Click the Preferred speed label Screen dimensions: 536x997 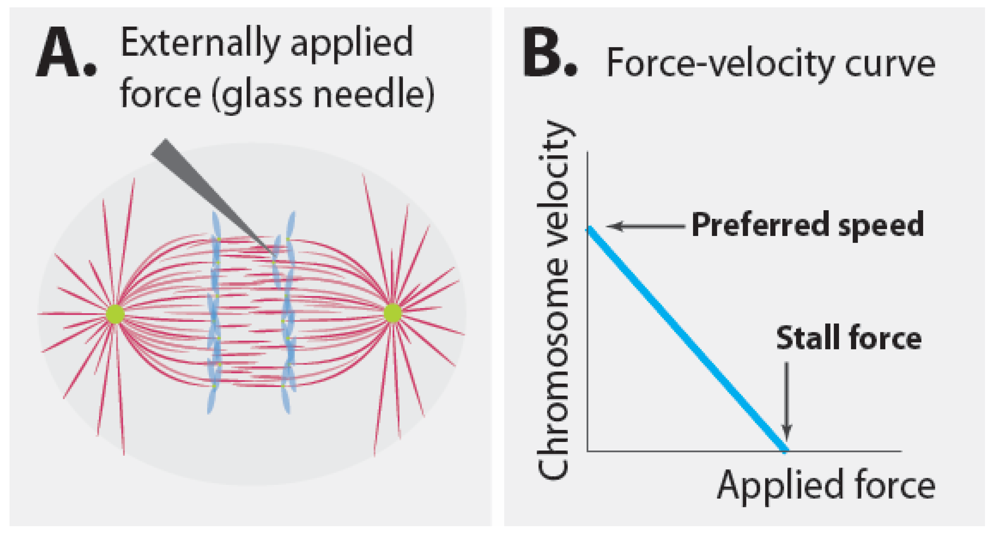pyautogui.click(x=807, y=225)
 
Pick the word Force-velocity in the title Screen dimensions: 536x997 pyautogui.click(x=720, y=64)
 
